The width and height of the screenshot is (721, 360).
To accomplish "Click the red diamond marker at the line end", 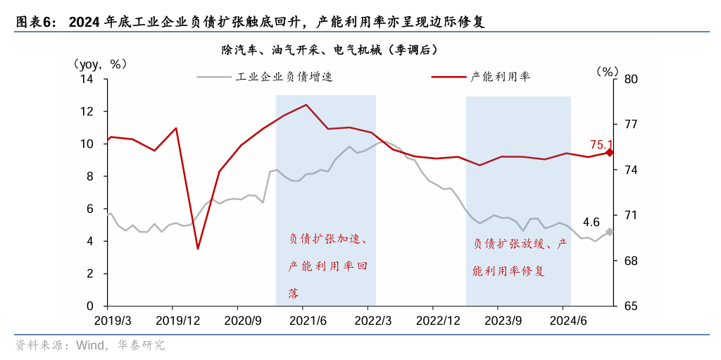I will click(x=610, y=152).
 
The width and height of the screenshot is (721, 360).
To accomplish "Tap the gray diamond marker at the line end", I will click(x=610, y=232).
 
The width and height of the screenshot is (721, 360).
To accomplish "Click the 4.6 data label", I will click(x=591, y=223).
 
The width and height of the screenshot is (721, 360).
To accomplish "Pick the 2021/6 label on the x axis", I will click(x=302, y=321).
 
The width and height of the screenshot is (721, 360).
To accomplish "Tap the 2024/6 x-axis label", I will click(x=563, y=321).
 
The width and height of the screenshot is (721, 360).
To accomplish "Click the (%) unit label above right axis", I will click(x=606, y=71).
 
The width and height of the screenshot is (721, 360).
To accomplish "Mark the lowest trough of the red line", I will click(x=198, y=249).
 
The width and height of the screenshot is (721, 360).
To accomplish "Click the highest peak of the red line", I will click(x=306, y=105).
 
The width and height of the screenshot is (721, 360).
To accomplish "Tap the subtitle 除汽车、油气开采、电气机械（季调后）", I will click(x=329, y=50).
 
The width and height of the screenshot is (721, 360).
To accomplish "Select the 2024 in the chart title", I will click(x=84, y=22).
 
